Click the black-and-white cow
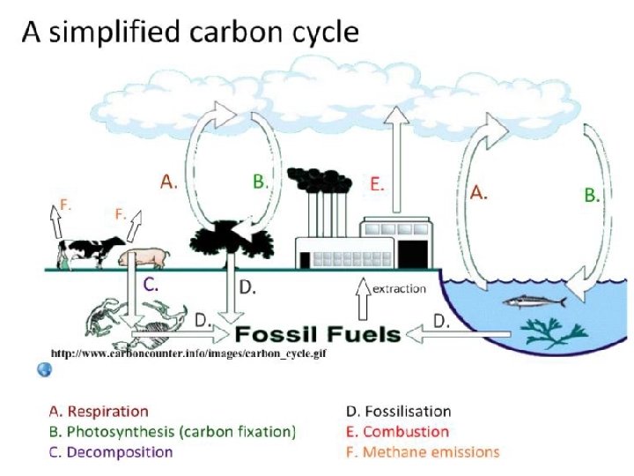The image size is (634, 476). [x=88, y=251]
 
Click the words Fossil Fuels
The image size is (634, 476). [x=318, y=335]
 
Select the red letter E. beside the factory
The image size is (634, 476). [x=377, y=185]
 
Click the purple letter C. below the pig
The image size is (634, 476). [x=151, y=284]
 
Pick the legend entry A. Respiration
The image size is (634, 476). [x=98, y=412]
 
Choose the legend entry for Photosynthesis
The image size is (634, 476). [x=172, y=432]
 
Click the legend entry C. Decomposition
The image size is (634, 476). [x=110, y=452]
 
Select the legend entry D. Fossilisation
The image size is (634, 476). [x=398, y=412]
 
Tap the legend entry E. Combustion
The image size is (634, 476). [x=397, y=432]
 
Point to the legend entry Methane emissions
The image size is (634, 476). [x=422, y=452]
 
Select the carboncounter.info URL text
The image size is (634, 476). [x=188, y=353]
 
